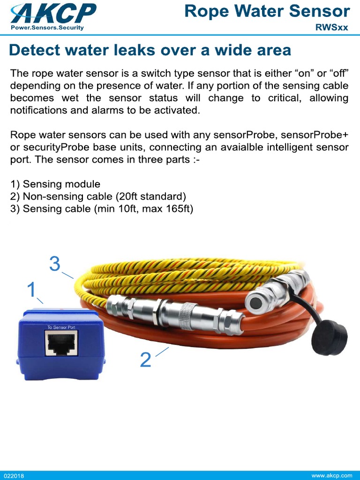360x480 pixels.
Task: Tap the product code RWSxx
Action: (x=331, y=27)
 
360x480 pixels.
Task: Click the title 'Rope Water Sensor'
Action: (x=267, y=11)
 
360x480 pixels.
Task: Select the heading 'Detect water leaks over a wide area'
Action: (x=150, y=50)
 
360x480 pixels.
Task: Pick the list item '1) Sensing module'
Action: (x=55, y=184)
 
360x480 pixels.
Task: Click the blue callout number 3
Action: (x=55, y=265)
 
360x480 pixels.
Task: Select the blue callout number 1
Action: (x=31, y=290)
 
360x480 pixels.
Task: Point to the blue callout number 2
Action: (x=146, y=360)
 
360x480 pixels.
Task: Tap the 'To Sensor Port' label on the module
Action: (x=61, y=327)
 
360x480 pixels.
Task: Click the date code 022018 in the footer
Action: (x=14, y=476)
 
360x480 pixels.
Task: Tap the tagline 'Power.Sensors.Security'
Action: (x=47, y=28)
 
